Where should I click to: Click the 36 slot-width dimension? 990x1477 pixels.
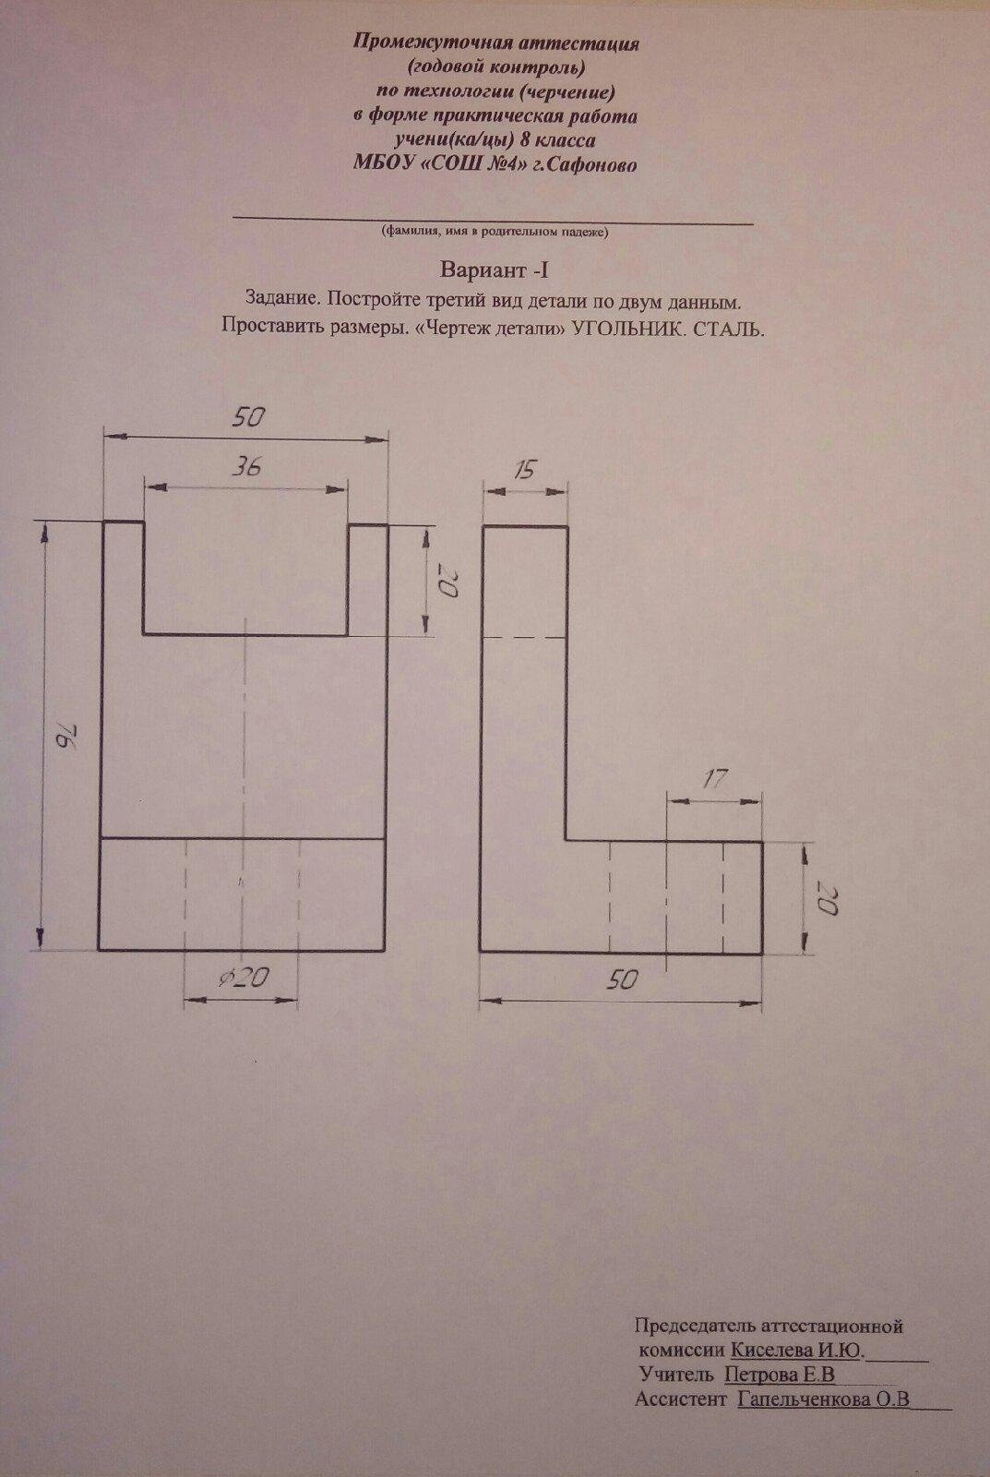(x=245, y=467)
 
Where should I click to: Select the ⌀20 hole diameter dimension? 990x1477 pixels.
(x=240, y=978)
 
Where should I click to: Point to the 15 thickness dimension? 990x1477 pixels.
(x=523, y=471)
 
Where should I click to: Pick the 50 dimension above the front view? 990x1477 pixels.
(x=247, y=417)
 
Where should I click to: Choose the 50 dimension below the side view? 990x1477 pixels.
(x=623, y=980)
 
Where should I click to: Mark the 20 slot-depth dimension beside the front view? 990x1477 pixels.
(x=447, y=583)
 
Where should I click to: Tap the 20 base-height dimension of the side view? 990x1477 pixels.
(x=826, y=896)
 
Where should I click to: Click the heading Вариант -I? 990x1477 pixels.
(x=495, y=271)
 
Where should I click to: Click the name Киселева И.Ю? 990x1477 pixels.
(x=797, y=1351)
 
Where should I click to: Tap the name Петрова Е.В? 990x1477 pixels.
(x=781, y=1375)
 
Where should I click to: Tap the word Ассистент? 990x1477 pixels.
(x=681, y=1399)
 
